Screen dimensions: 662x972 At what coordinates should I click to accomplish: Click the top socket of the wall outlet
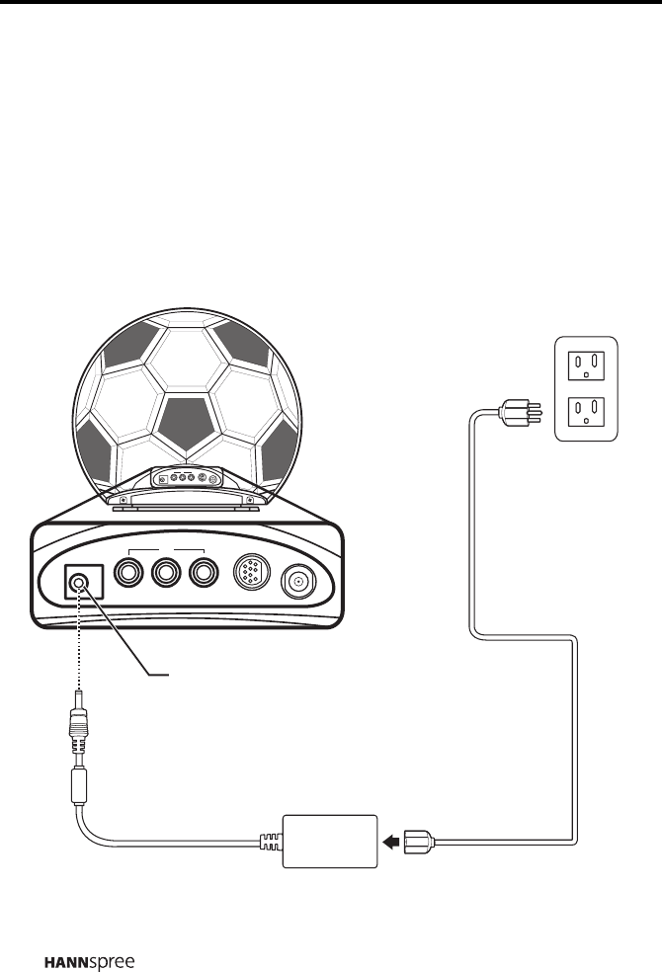click(586, 366)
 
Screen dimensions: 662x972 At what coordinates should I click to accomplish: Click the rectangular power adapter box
click(331, 841)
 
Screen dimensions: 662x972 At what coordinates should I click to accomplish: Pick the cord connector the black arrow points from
click(420, 842)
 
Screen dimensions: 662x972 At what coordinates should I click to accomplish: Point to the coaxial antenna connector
click(298, 581)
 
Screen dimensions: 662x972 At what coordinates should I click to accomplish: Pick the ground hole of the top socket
click(586, 375)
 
